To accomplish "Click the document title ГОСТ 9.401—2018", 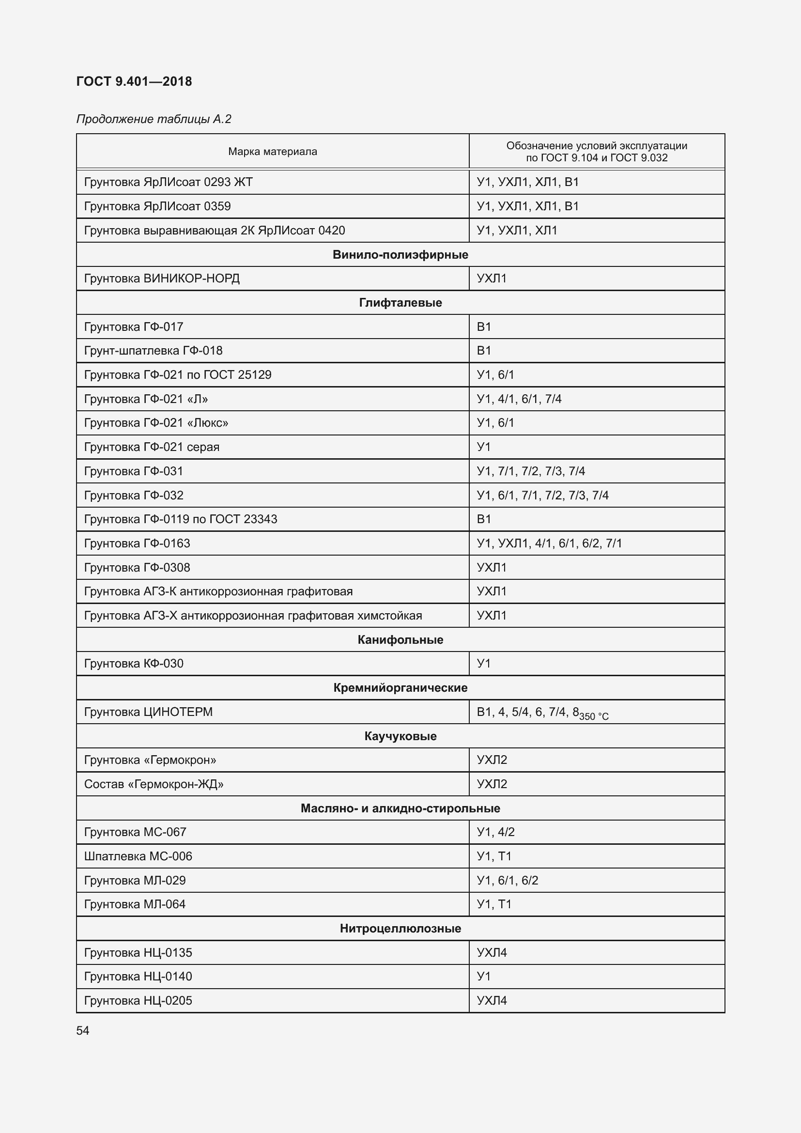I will tap(134, 81).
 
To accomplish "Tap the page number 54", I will tap(83, 1030).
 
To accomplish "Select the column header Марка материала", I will tap(272, 152).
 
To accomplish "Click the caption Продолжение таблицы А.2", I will tap(154, 119).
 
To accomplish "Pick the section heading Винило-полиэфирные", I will tap(400, 255).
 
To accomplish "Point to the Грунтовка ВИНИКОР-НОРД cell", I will tap(162, 279).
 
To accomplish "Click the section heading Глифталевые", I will tap(400, 302).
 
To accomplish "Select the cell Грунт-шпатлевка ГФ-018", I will tap(154, 350).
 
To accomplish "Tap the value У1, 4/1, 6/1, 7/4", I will tap(519, 399).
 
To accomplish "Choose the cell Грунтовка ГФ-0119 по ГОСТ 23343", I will tap(181, 519).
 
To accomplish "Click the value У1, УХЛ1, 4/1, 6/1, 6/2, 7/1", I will tap(549, 543).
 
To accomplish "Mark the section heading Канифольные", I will tap(400, 639).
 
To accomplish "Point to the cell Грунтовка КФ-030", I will tap(134, 663).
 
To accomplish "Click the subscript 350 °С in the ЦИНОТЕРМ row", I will tap(594, 716).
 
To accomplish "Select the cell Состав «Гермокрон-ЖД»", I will tap(154, 784).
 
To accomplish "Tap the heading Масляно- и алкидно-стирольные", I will tap(400, 808).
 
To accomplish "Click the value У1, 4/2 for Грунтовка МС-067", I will tap(495, 832).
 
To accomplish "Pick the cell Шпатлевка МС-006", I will tap(138, 856).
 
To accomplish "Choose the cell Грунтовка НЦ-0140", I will tap(138, 976).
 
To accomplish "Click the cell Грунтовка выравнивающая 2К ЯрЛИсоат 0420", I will tap(215, 231).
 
